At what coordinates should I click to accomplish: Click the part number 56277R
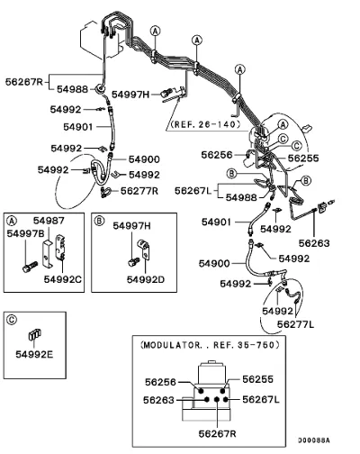pyautogui.click(x=139, y=191)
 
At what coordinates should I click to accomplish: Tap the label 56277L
pyautogui.click(x=295, y=324)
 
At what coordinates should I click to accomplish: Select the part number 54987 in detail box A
pyautogui.click(x=49, y=221)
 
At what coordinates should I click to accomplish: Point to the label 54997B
pyautogui.click(x=26, y=233)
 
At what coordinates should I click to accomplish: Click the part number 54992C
pyautogui.click(x=63, y=279)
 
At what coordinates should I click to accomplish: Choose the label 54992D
pyautogui.click(x=146, y=279)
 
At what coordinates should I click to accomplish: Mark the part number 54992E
pyautogui.click(x=34, y=355)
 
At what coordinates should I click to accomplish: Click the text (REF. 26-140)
pyautogui.click(x=205, y=124)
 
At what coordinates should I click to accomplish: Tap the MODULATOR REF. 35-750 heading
pyautogui.click(x=210, y=345)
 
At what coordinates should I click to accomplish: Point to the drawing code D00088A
pyautogui.click(x=314, y=440)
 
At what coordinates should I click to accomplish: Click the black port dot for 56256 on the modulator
pyautogui.click(x=201, y=391)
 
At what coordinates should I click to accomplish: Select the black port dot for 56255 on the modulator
pyautogui.click(x=222, y=391)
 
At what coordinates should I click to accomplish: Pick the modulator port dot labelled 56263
pyautogui.click(x=206, y=400)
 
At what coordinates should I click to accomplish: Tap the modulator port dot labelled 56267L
pyautogui.click(x=226, y=399)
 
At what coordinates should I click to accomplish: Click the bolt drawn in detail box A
pyautogui.click(x=30, y=267)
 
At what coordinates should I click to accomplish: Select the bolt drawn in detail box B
pyautogui.click(x=134, y=262)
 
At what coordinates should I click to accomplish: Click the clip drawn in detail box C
pyautogui.click(x=35, y=334)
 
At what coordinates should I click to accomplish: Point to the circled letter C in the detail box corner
pyautogui.click(x=12, y=320)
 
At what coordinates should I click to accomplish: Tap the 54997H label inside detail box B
pyautogui.click(x=131, y=226)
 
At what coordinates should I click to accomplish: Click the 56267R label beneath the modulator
pyautogui.click(x=218, y=433)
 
